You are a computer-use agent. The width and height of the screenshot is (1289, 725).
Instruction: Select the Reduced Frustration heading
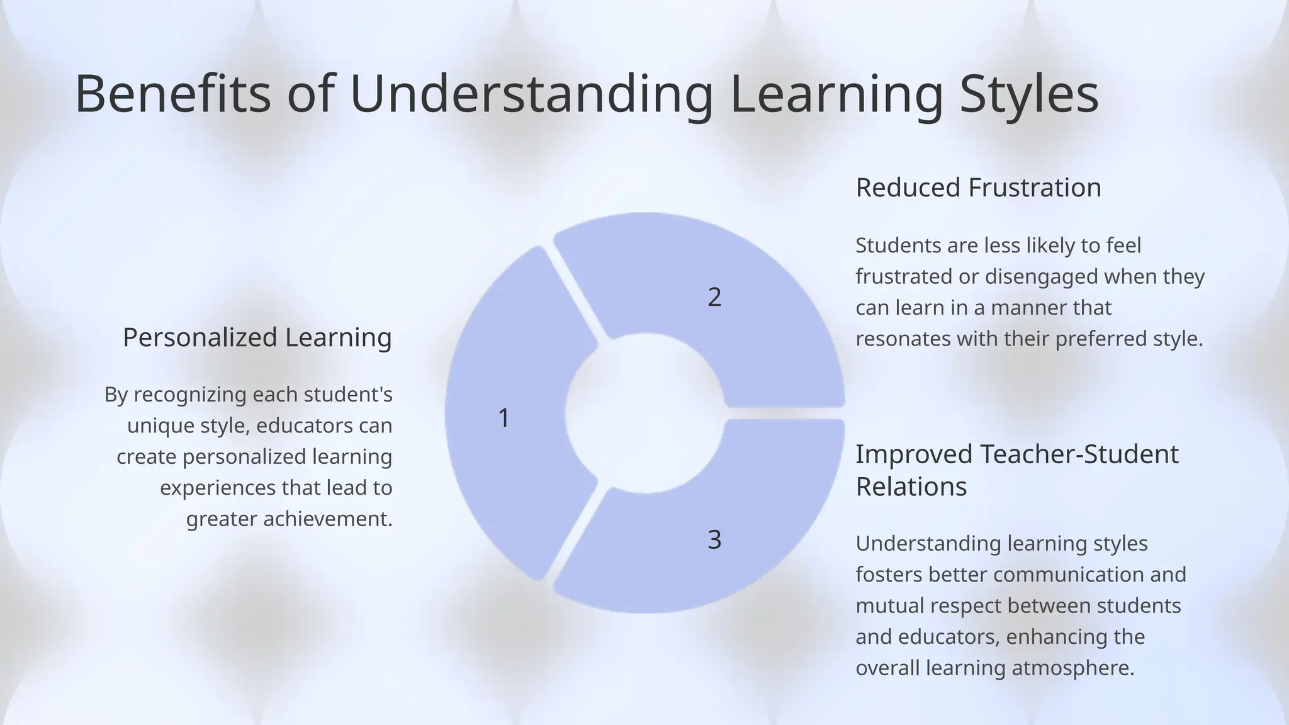pos(978,188)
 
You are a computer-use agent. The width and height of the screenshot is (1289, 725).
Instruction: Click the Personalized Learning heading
pos(257,337)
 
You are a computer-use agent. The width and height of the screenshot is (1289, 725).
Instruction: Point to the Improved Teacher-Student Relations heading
pos(1016,470)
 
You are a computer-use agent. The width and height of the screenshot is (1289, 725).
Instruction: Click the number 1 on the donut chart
pos(504,418)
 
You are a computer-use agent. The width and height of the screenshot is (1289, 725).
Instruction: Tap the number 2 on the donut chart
pos(714,297)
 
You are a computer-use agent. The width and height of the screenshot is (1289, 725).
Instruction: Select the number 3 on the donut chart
pos(714,540)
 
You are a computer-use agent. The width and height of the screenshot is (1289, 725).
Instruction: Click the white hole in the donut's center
pos(644,413)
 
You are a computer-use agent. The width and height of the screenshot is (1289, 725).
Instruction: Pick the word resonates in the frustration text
pos(903,339)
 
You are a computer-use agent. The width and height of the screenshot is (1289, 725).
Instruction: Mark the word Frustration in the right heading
pos(1035,188)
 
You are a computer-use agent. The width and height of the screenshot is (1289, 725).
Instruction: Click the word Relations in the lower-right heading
pos(911,486)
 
